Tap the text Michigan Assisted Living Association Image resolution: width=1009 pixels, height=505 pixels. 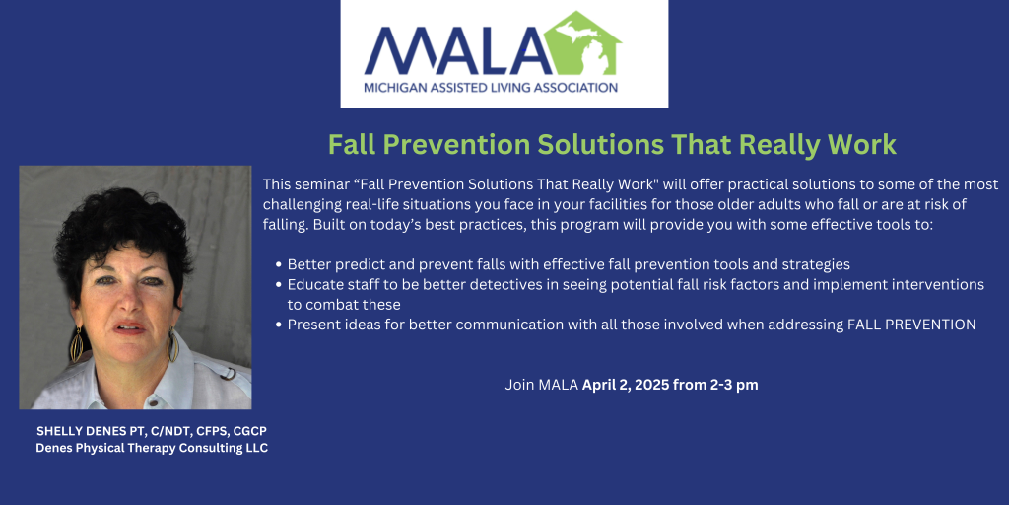(x=491, y=87)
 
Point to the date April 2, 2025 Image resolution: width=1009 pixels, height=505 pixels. (x=626, y=386)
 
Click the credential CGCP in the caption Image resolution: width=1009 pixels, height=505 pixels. (x=249, y=430)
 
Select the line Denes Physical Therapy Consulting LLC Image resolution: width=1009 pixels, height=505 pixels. (x=152, y=448)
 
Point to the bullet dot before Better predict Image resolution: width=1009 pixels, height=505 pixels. (x=279, y=264)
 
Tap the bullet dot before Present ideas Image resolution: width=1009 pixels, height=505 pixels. (x=279, y=325)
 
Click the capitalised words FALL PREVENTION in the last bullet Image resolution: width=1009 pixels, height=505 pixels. (x=910, y=325)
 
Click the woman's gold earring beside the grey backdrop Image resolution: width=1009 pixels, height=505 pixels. (x=77, y=344)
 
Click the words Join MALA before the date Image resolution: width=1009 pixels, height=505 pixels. (x=542, y=386)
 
